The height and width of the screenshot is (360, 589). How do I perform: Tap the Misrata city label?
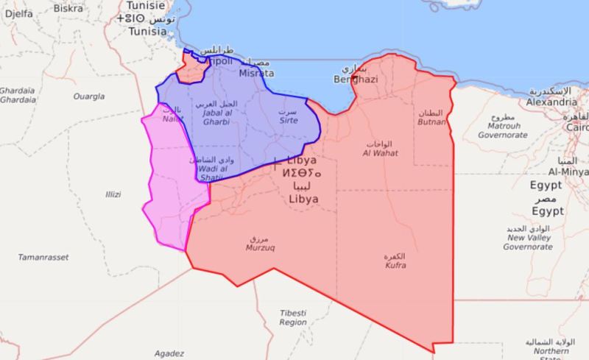coord(256,73)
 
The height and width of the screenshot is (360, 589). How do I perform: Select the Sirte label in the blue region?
coord(288,119)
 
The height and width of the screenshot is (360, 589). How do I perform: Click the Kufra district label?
coord(395,265)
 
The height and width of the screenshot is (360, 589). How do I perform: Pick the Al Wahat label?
coord(380,153)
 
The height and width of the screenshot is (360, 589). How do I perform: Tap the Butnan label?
coord(432,122)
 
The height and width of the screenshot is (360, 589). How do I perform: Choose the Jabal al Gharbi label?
coord(216,116)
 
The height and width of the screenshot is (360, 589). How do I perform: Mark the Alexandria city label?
coord(551,102)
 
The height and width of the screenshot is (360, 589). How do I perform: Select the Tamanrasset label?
coord(43,257)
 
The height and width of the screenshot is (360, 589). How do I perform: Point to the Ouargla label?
coord(88,96)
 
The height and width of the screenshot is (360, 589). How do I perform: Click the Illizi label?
coord(112,194)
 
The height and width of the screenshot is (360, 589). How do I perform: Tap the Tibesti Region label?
coord(293,317)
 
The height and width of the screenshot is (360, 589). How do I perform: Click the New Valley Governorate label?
coord(528,242)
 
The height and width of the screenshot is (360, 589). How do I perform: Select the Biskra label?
coord(68,9)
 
